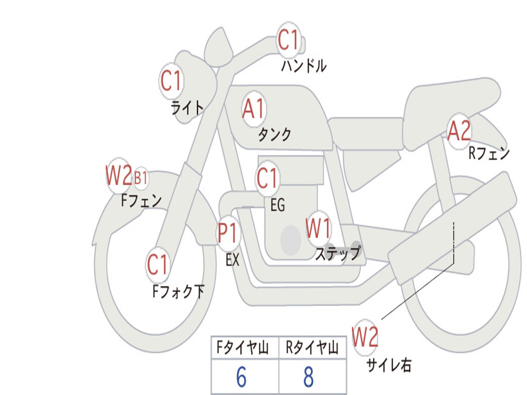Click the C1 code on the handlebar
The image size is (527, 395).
[x=288, y=40]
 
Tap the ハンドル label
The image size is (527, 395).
[x=304, y=65]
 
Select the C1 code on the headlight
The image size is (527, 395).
[x=170, y=81]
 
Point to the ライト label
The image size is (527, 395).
[x=187, y=108]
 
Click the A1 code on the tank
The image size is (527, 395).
[x=253, y=109]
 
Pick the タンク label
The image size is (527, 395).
[x=274, y=134]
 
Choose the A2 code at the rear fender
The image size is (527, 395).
[x=459, y=131]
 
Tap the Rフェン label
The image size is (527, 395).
[x=489, y=153]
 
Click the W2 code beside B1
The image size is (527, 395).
[x=119, y=175]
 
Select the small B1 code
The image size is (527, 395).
[x=141, y=177]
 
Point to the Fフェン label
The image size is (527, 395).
[x=141, y=201]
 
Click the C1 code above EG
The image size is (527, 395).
[x=267, y=178]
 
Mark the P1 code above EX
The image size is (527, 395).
[x=227, y=233]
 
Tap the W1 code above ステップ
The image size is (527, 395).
[x=318, y=228]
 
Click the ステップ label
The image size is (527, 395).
[x=338, y=253]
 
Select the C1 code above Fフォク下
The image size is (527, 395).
[x=157, y=264]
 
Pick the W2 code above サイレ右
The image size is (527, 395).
[x=365, y=337]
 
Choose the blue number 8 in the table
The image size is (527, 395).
[x=309, y=377]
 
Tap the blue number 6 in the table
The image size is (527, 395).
[x=241, y=377]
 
